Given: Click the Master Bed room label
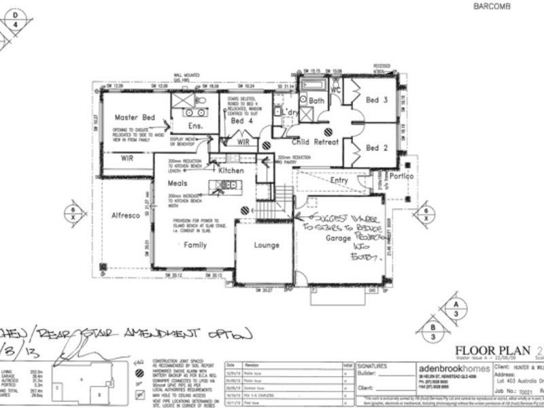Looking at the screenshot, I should coord(135,117).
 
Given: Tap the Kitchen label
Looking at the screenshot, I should coord(231,171).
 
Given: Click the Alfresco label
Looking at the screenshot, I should coord(126,215).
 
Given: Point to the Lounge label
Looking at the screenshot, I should coord(266,245).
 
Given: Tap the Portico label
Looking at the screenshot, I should coord(411,174).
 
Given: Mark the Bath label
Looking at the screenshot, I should coord(316,101).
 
